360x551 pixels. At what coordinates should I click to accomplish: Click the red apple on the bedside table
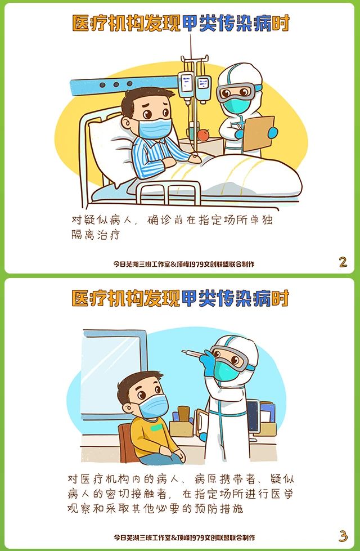coord(204,135)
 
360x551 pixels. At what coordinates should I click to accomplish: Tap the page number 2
coord(343,262)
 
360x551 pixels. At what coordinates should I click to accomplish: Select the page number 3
coord(343,536)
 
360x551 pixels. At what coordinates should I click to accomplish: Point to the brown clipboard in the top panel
coord(258,133)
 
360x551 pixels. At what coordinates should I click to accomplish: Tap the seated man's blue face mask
coord(154,406)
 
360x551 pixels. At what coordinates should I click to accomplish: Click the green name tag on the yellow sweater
coord(157,428)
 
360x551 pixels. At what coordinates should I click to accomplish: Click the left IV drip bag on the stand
coord(186,85)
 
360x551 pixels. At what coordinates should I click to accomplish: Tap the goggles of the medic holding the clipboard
coord(235,92)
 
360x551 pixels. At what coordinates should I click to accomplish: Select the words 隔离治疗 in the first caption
coord(96,235)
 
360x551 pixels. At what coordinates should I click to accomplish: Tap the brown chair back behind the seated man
coord(125,444)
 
